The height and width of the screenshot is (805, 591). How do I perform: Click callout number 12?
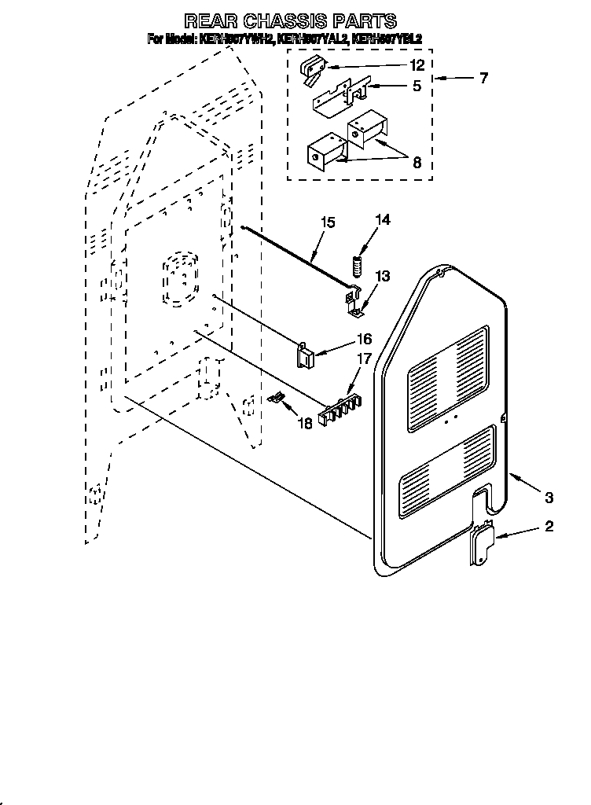(417, 65)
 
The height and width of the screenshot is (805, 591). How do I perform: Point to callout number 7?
(483, 78)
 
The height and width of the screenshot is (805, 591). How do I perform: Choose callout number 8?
(417, 163)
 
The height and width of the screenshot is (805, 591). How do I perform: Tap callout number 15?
(327, 222)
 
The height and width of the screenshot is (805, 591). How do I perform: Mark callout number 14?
(383, 220)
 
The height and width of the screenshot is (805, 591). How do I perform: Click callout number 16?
(363, 340)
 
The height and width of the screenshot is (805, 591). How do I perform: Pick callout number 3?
(549, 497)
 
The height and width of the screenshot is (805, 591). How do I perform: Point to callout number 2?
(549, 527)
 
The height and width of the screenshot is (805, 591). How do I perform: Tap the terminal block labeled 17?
(341, 404)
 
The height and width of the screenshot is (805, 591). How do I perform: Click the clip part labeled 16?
(304, 355)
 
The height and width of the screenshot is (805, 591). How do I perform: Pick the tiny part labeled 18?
(275, 398)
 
